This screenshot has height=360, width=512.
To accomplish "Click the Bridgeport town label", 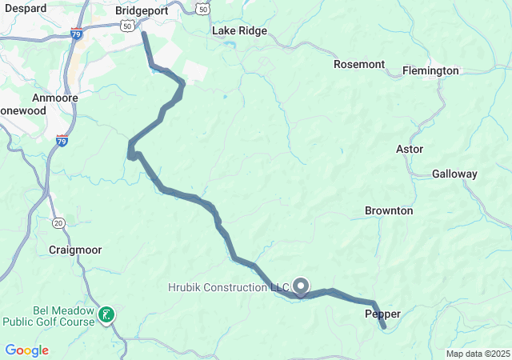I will coord(141,11).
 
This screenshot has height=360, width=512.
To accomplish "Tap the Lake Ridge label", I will coord(239,31).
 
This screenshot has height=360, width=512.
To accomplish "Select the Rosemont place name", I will coord(359,64).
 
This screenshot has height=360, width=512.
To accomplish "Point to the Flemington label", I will coord(430,70).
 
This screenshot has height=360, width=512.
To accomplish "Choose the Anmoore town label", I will coord(54,98).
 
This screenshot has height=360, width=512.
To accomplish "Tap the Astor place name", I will coord(410,149).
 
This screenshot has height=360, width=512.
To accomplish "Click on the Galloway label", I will coord(454,174).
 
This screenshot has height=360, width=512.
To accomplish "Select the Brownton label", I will coord(389,210).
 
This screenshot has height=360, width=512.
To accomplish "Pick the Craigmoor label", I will coord(74,250).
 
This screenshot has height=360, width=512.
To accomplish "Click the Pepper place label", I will coord(382,314).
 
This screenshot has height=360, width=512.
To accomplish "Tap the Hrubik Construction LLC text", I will coord(228,287).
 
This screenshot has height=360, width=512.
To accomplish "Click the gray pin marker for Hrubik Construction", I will coord(302,286).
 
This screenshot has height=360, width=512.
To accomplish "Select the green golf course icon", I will coord(106,315).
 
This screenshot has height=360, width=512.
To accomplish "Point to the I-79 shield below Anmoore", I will coord(62,142).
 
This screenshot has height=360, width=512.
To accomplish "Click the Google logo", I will coord(26,350).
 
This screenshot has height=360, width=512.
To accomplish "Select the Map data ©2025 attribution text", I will coord(477,354).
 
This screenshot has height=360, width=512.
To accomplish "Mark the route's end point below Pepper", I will coord(384,326).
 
